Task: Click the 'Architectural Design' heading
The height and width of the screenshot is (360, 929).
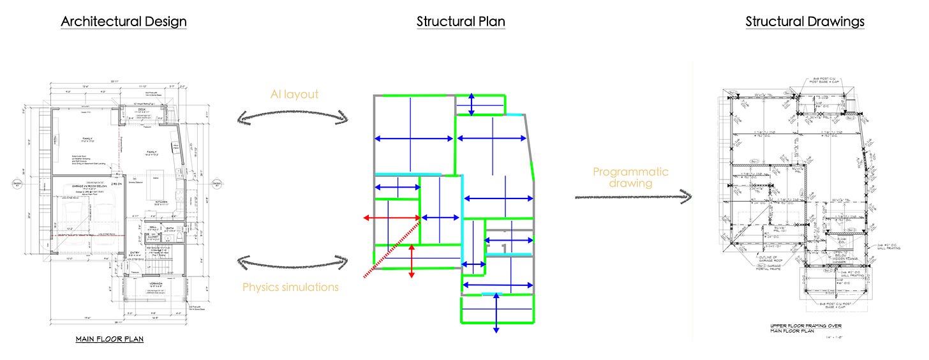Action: pos(124,21)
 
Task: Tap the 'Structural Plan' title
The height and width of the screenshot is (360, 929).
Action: pos(461,21)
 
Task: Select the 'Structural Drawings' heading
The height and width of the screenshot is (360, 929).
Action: pos(805,21)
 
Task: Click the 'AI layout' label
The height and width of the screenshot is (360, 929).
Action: pos(294,94)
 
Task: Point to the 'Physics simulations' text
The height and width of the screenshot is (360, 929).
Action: pos(290,287)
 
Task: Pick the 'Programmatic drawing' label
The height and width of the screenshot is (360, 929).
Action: pos(630,177)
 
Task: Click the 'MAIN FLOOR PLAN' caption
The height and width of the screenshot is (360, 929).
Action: pos(109,339)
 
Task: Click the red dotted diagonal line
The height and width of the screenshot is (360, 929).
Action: pos(391,248)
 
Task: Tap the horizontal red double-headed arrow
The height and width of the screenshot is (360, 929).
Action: pos(392,218)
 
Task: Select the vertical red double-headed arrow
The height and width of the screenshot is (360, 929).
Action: pos(412,261)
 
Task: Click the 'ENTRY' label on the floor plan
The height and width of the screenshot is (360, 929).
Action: pos(135,253)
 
